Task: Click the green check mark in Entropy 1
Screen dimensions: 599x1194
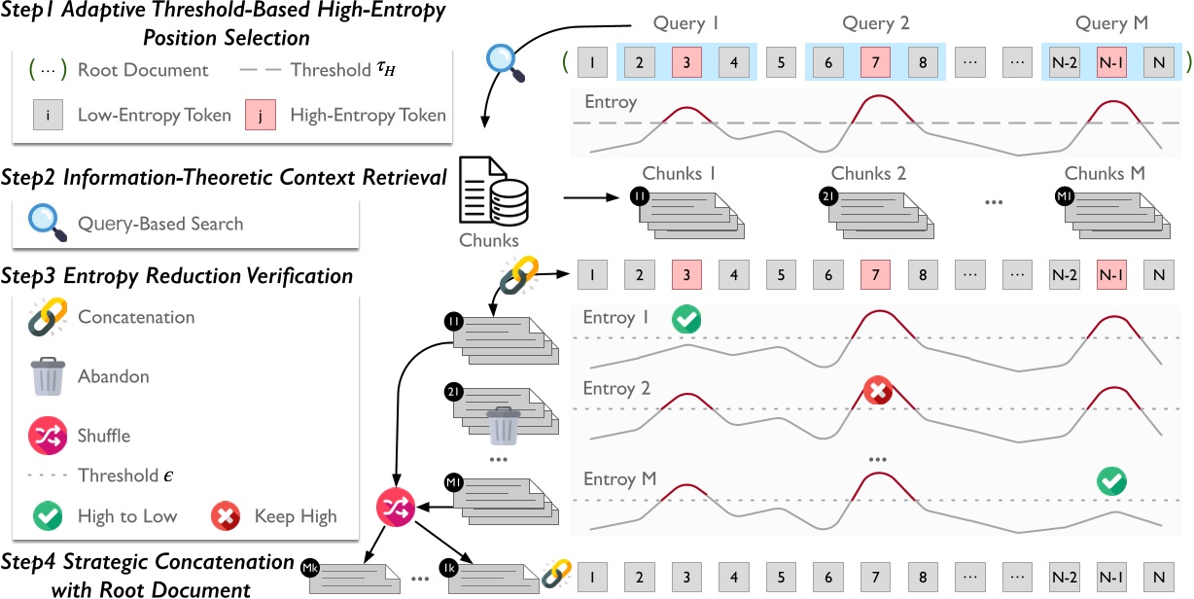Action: point(686,318)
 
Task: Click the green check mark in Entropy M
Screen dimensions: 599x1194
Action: point(1110,478)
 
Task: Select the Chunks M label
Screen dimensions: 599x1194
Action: point(1105,174)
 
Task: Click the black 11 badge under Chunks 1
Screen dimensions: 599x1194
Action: point(641,195)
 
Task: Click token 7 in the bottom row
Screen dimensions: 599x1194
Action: point(875,575)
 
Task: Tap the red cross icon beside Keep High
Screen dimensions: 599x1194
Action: point(227,516)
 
